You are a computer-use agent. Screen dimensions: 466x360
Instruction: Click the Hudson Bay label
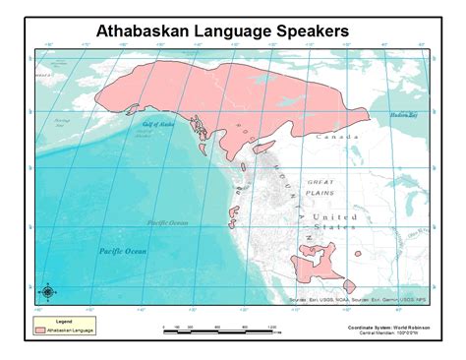404,115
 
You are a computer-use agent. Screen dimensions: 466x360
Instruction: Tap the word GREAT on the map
320,182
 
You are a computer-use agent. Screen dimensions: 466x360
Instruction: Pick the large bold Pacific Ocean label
121,252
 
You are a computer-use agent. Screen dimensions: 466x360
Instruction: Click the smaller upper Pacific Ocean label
167,223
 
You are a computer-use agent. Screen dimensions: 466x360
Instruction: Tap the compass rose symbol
46,291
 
